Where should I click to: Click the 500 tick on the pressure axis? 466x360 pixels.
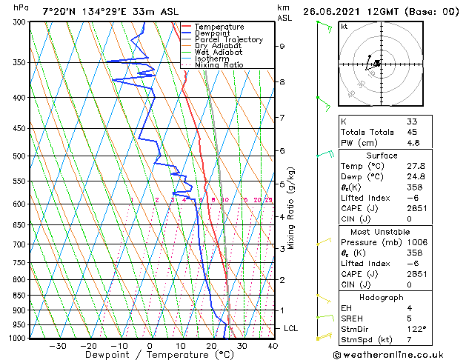(x=21, y=156)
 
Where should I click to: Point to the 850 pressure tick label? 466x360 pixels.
(x=21, y=296)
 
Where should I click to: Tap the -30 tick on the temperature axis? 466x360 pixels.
(x=57, y=346)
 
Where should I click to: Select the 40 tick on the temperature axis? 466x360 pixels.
(x=272, y=346)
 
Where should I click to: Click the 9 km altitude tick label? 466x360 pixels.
(x=282, y=46)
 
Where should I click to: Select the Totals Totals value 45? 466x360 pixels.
(x=412, y=133)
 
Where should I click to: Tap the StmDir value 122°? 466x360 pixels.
(x=416, y=329)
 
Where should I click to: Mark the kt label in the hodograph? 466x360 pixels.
(x=344, y=26)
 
